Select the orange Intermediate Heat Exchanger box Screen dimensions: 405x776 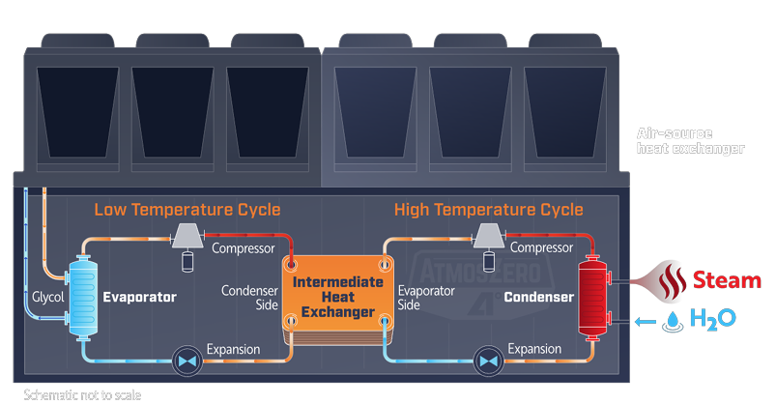pyautogui.click(x=333, y=290)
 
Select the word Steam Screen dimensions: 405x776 pyautogui.click(x=727, y=281)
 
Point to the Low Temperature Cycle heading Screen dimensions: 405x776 pyautogui.click(x=187, y=210)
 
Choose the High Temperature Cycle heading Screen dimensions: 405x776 pyautogui.click(x=489, y=210)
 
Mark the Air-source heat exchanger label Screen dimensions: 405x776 pyautogui.click(x=690, y=141)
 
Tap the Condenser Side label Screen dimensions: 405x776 pyautogui.click(x=250, y=297)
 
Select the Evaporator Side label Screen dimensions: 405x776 pyautogui.click(x=422, y=297)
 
